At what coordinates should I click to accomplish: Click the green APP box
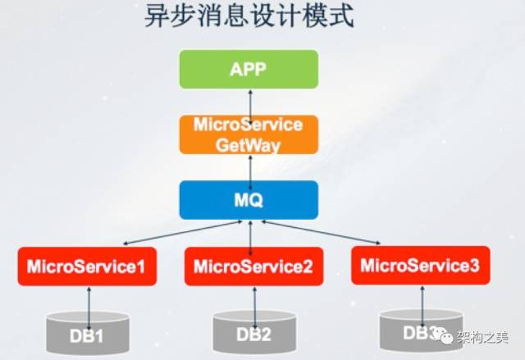249,69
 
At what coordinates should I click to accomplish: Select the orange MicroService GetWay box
249,135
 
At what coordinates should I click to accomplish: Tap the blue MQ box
249,200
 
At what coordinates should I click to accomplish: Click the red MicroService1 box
86,266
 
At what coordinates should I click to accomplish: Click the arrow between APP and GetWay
249,102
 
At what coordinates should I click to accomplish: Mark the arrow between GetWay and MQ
249,167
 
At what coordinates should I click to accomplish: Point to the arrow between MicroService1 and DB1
89,300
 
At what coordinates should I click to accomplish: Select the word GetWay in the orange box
249,144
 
